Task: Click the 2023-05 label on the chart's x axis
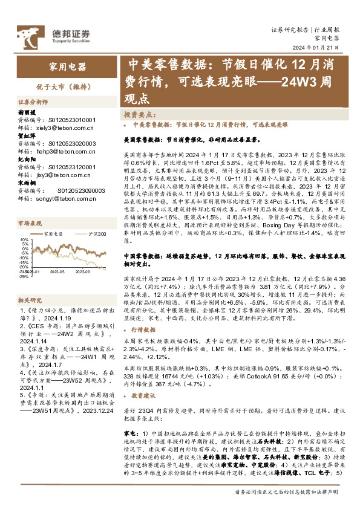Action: (57, 272)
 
